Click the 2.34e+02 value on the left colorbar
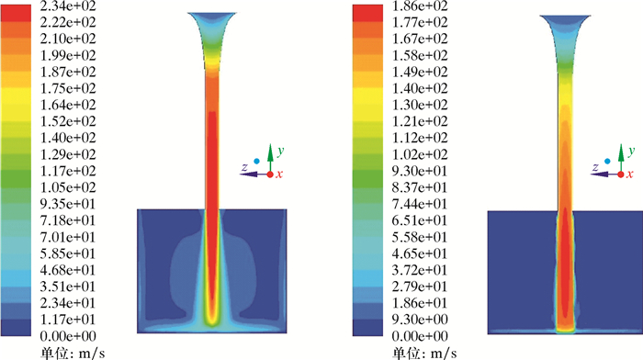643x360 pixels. [68, 6]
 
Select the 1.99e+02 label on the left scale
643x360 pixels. [68, 55]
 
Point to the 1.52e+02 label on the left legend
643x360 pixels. [68, 121]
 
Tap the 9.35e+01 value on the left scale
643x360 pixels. [68, 204]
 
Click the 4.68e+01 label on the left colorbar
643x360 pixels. [68, 270]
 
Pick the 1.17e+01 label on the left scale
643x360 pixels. [68, 320]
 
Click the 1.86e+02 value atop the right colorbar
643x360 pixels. [420, 6]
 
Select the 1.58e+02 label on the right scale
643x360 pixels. [420, 55]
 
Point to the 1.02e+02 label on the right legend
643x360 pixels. [420, 154]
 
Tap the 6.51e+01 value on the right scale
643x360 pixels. [420, 220]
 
